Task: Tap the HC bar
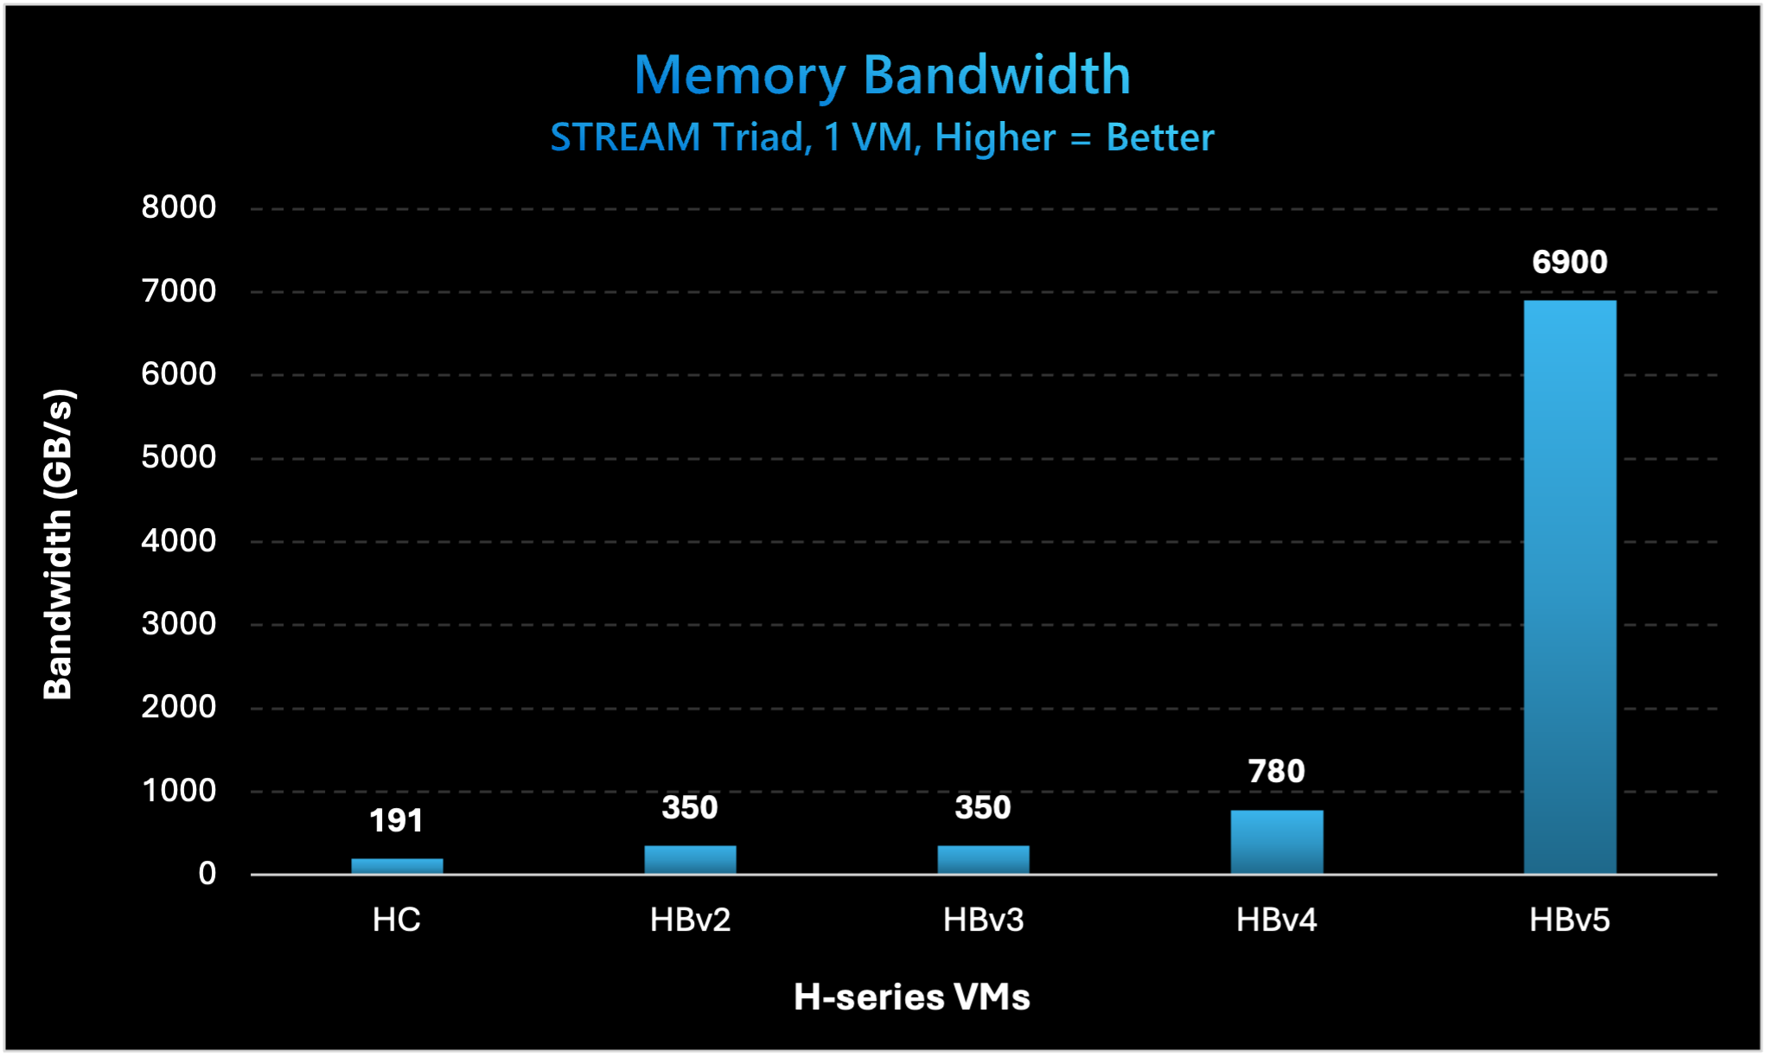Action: pos(397,866)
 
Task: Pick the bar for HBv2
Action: pos(690,859)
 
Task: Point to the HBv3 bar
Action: pos(983,859)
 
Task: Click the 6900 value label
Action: pos(1569,262)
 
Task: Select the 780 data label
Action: pos(1276,771)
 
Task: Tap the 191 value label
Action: pos(397,820)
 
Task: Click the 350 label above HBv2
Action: pos(690,807)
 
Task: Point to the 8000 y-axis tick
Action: pos(179,207)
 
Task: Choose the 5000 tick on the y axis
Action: pos(179,457)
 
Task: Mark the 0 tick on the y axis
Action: pos(207,874)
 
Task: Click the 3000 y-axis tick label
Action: pos(179,624)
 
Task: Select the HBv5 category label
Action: pos(1569,920)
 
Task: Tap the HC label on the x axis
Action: pos(397,920)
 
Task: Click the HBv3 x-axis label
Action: pos(983,920)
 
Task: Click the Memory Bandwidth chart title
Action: pos(882,75)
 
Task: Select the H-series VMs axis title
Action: pos(912,997)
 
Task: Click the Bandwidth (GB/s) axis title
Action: pos(58,544)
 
